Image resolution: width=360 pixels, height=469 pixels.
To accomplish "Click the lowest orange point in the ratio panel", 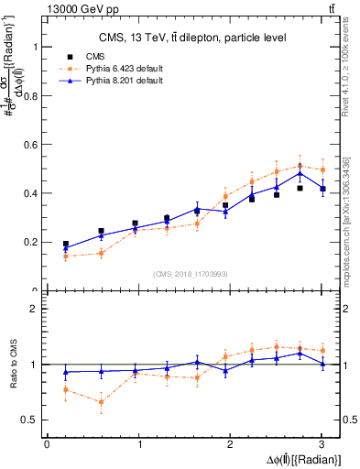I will pos(101,402).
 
